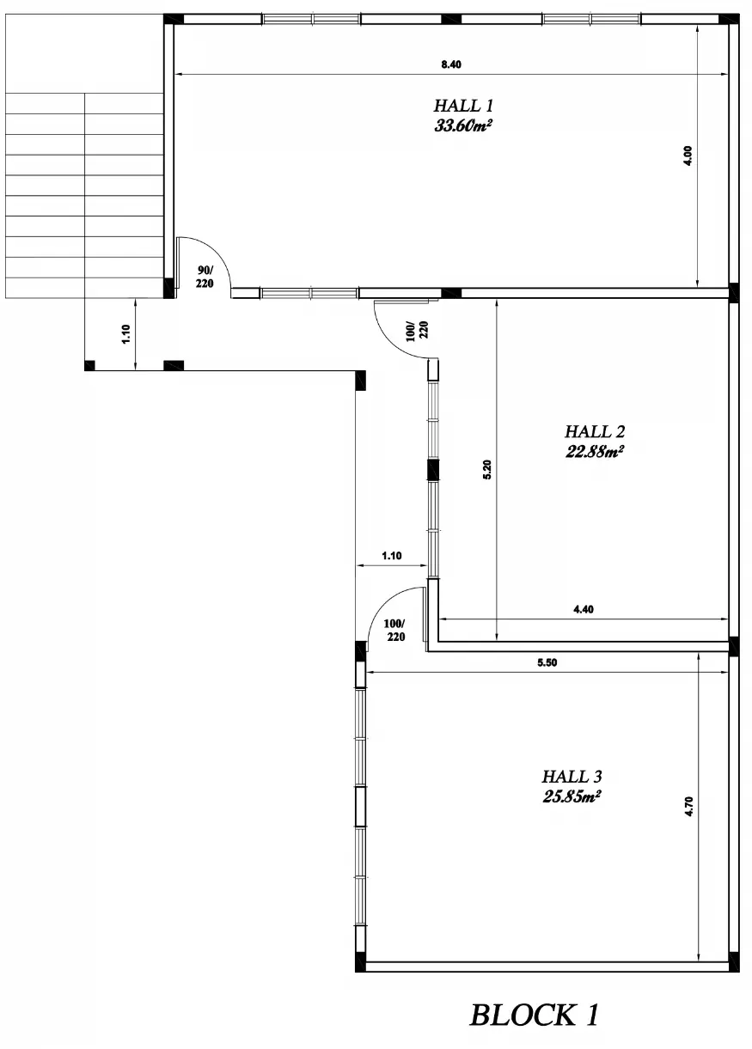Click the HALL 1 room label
pyautogui.click(x=463, y=106)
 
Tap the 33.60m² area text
pyautogui.click(x=463, y=125)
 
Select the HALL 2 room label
pyautogui.click(x=595, y=431)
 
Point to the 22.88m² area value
pyautogui.click(x=595, y=451)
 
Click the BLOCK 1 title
pyautogui.click(x=534, y=1015)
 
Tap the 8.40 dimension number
pyautogui.click(x=450, y=64)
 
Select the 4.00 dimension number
pyautogui.click(x=688, y=156)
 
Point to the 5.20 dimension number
pyautogui.click(x=486, y=470)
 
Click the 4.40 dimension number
pyautogui.click(x=584, y=609)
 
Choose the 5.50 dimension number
pyautogui.click(x=547, y=662)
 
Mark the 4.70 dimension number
pyautogui.click(x=688, y=807)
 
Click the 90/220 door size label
pyautogui.click(x=205, y=277)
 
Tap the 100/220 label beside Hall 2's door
pyautogui.click(x=417, y=331)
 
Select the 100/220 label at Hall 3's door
pyautogui.click(x=394, y=631)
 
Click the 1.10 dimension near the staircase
pyautogui.click(x=126, y=334)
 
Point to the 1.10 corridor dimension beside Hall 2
pyautogui.click(x=392, y=556)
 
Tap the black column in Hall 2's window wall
pyautogui.click(x=433, y=470)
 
